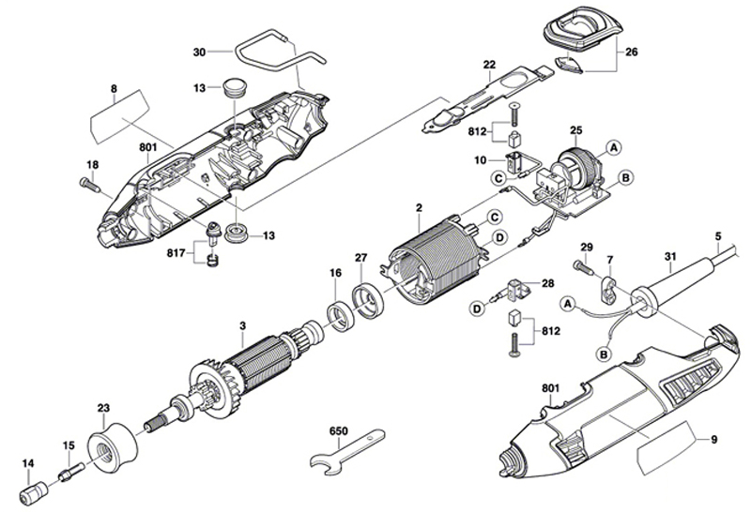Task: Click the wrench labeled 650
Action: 346,451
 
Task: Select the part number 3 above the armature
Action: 242,325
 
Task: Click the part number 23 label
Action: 103,407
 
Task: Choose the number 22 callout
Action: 489,65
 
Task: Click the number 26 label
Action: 631,52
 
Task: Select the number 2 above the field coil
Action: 419,207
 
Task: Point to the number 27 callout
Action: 360,259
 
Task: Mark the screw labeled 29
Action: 584,268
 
